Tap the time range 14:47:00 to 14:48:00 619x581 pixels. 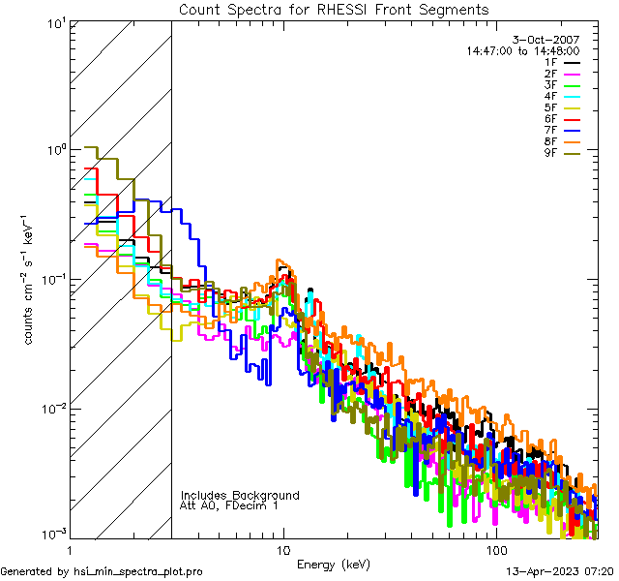pyautogui.click(x=523, y=50)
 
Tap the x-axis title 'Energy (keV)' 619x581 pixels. pyautogui.click(x=333, y=564)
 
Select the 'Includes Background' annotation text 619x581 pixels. pyautogui.click(x=240, y=495)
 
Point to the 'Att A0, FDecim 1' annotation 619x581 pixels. pyautogui.click(x=229, y=505)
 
